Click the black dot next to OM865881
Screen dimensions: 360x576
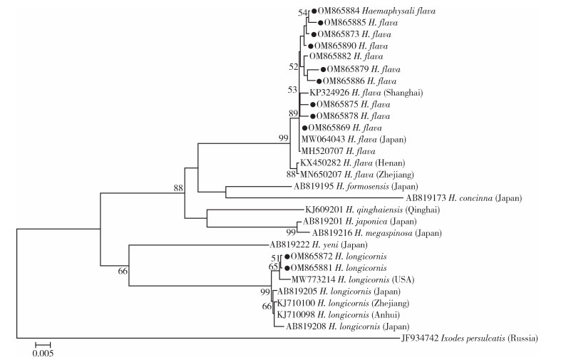click(287, 267)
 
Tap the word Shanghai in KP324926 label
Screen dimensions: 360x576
click(403, 93)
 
